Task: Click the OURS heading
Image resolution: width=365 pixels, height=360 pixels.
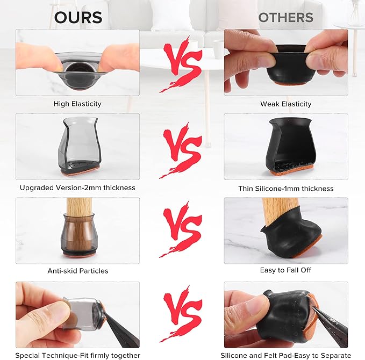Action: click(78, 17)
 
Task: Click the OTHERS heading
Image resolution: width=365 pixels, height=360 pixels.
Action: click(286, 17)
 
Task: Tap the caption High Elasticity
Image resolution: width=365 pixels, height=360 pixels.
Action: click(77, 104)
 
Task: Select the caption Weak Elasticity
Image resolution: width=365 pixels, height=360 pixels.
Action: click(286, 104)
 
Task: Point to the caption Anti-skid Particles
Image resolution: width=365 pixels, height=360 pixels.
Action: click(78, 271)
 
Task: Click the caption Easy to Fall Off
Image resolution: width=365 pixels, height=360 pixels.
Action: click(285, 270)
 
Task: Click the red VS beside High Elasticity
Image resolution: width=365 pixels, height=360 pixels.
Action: click(181, 64)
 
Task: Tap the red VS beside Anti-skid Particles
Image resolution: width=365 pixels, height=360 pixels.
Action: click(181, 229)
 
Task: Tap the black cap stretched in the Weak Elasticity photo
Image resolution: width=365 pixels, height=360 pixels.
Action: click(291, 65)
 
